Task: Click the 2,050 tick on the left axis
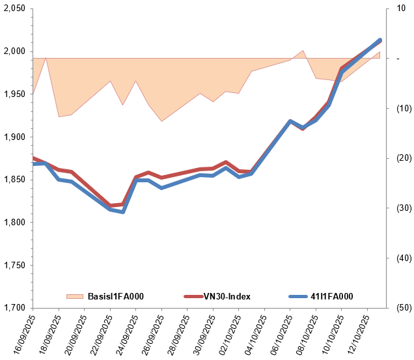coord(14,8)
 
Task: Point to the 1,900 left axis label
coord(14,137)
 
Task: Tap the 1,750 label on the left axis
coord(14,265)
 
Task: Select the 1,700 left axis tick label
coord(14,308)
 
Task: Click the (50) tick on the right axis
coord(397,308)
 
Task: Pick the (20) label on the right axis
coord(397,158)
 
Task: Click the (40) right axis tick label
coord(397,258)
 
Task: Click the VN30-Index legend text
coord(227,297)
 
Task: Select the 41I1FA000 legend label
coord(331,297)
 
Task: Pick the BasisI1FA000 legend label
coord(115,297)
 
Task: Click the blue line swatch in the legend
coord(297,297)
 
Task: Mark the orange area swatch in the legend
coord(76,297)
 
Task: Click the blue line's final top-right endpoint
coord(380,40)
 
